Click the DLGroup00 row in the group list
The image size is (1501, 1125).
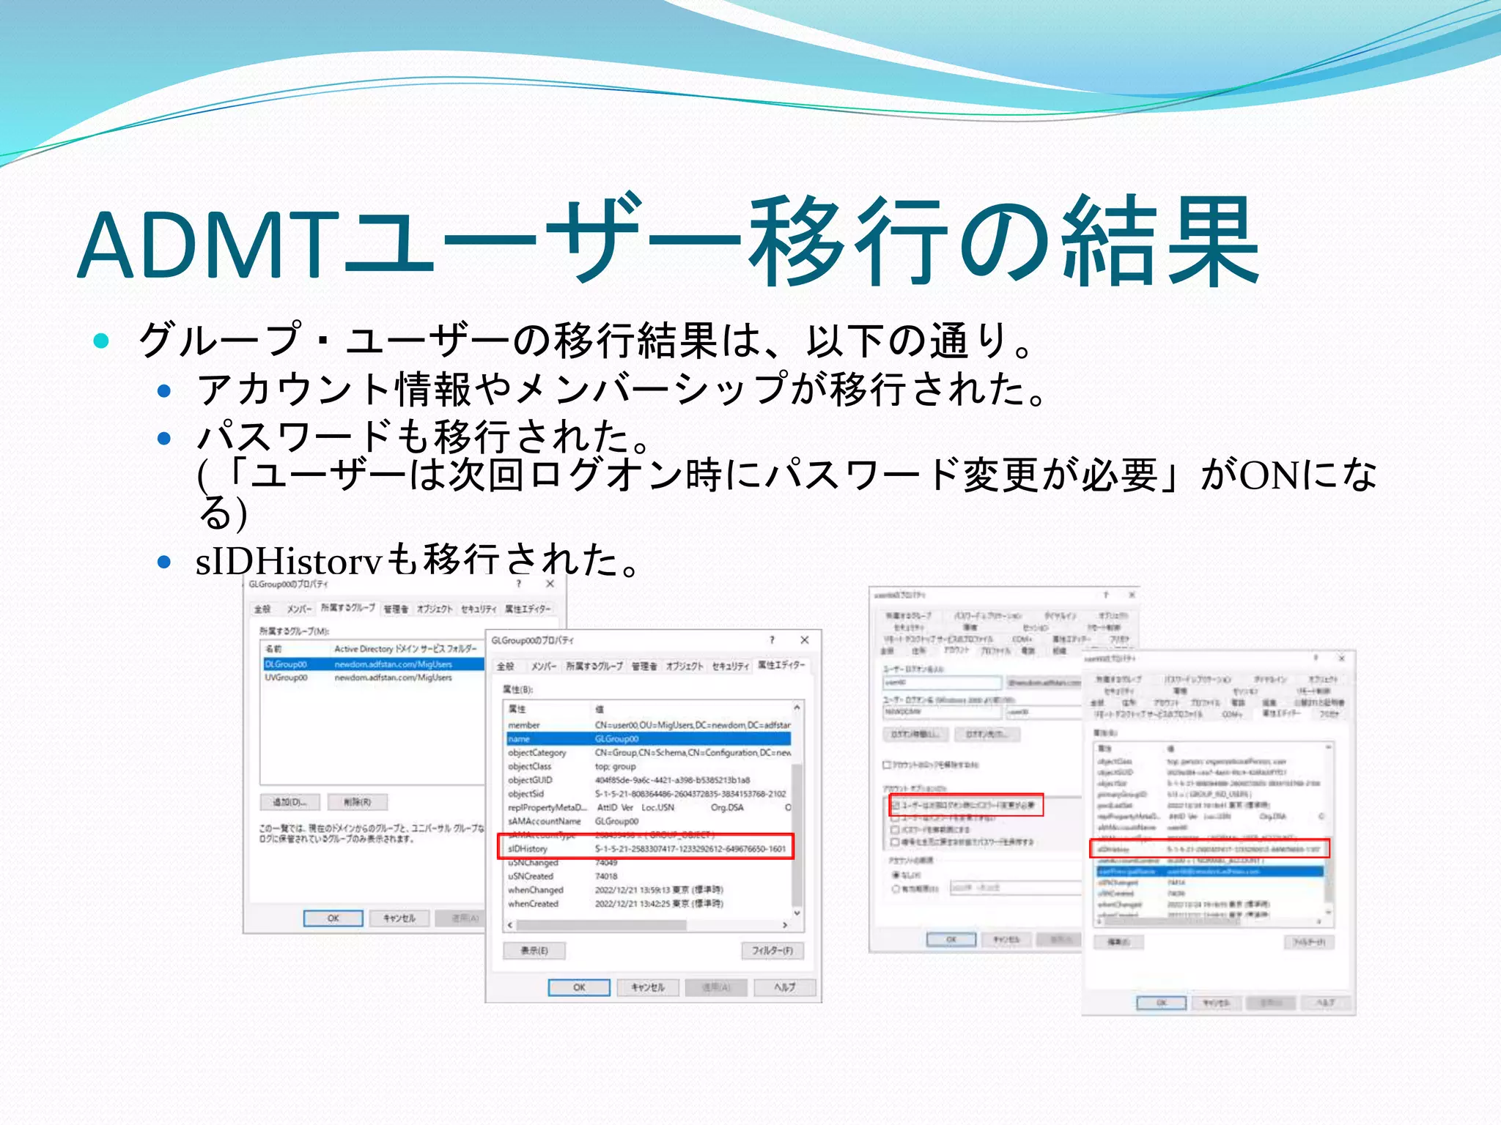(287, 664)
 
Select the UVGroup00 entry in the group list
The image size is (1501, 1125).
(287, 677)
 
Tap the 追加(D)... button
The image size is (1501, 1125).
(289, 802)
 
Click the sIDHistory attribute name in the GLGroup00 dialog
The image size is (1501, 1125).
(528, 849)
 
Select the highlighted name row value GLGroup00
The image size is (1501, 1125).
(616, 739)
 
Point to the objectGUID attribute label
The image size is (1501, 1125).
(530, 780)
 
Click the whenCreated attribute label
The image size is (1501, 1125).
(533, 904)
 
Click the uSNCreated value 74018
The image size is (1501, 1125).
(606, 876)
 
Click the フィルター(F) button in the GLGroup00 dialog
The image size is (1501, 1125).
(772, 951)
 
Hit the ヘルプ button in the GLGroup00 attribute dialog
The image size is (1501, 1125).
(784, 987)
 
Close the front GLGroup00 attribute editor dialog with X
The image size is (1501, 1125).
(804, 640)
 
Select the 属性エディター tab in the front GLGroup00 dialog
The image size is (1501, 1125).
(781, 665)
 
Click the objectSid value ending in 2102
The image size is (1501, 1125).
(690, 794)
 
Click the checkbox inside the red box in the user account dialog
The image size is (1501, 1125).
(895, 806)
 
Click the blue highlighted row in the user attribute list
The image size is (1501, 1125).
(1209, 872)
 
